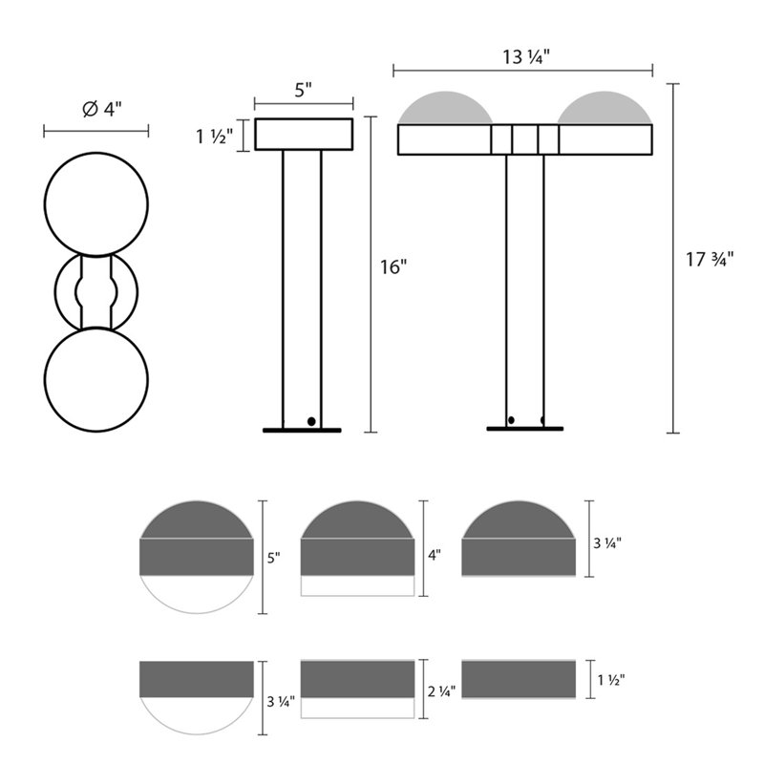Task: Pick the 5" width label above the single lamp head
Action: pos(304,91)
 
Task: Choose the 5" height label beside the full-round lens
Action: pos(275,558)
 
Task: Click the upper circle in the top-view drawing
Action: pos(96,203)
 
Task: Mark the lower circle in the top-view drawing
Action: pos(96,380)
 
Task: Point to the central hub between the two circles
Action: pos(96,291)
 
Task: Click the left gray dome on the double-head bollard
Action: pos(443,109)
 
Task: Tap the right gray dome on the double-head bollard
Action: pos(605,109)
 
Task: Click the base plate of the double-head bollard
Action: pos(525,429)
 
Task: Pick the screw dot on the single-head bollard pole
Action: pos(310,420)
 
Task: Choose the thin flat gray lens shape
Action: pos(518,679)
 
